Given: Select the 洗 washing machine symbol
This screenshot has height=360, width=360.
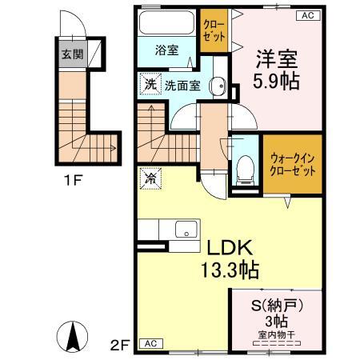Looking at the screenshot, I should (149, 83).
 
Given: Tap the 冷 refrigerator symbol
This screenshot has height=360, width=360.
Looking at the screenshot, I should (149, 178).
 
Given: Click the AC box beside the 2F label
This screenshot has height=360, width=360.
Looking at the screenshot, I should (149, 343).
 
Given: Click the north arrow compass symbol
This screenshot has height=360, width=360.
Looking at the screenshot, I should (72, 334).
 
